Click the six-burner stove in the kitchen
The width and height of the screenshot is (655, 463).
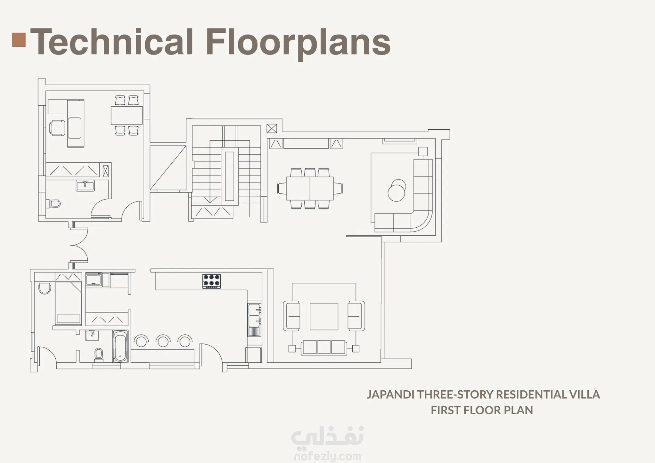click(x=212, y=281)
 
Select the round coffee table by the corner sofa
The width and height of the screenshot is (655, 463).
click(x=397, y=190)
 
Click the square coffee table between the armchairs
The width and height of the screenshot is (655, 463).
click(x=324, y=316)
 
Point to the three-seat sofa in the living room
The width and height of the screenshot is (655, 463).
click(x=324, y=347)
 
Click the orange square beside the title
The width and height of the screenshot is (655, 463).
click(x=19, y=40)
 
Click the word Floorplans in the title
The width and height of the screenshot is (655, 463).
click(x=298, y=43)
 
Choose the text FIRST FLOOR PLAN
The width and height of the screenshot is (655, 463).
click(x=482, y=410)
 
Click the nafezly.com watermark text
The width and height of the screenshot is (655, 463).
click(x=327, y=456)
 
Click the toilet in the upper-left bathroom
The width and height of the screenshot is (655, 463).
click(x=54, y=204)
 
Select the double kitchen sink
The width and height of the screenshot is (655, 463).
click(x=254, y=315)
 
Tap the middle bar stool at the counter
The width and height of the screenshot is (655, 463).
click(x=163, y=341)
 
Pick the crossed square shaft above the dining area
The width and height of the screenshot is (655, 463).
click(x=272, y=129)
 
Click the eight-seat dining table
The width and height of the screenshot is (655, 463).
click(x=310, y=188)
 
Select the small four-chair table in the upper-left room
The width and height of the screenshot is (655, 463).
click(x=127, y=115)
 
